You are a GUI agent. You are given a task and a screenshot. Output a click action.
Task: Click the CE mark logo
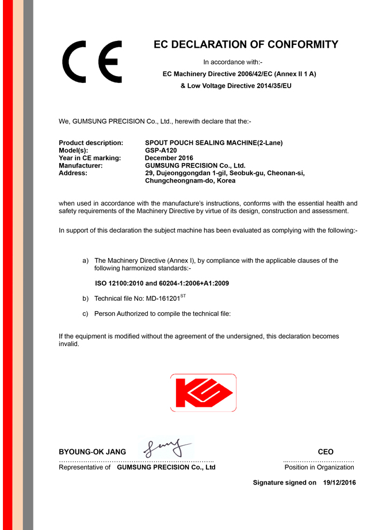click(93, 61)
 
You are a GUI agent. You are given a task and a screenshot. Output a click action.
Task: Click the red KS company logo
click(203, 392)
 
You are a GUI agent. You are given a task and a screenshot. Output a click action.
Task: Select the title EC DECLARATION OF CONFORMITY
click(246, 45)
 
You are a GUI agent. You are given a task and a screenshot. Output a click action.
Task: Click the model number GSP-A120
click(161, 150)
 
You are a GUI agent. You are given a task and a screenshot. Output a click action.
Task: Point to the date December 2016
click(169, 158)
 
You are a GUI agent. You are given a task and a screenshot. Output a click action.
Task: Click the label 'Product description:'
click(91, 143)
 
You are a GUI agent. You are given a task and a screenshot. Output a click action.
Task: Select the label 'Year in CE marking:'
click(90, 158)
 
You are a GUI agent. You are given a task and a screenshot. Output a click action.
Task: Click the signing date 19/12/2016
click(339, 483)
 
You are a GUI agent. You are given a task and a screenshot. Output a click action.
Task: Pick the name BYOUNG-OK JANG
click(93, 452)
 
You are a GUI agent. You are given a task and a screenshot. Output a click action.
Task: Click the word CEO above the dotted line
click(326, 452)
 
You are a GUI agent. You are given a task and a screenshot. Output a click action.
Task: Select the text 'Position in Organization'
click(319, 467)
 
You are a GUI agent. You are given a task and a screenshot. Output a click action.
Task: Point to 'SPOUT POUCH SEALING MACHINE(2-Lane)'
click(214, 143)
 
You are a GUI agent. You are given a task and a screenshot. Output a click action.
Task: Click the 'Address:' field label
click(73, 173)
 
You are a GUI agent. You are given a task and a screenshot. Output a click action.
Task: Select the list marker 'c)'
click(86, 314)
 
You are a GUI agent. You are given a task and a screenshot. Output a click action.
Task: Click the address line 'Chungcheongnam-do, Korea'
click(190, 180)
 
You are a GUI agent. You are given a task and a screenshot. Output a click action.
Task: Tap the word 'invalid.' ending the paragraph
click(69, 344)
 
